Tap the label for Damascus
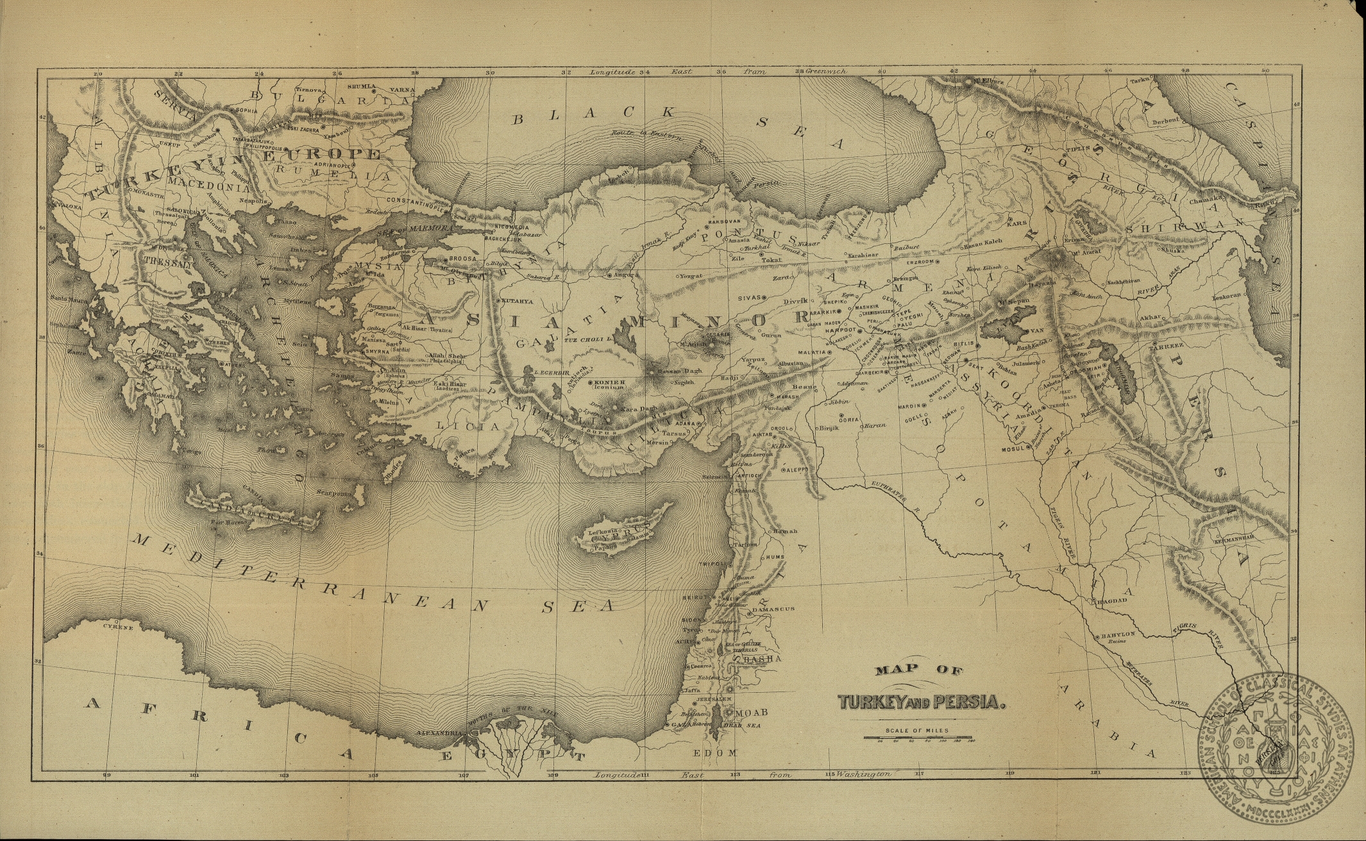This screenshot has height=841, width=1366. tap(773, 608)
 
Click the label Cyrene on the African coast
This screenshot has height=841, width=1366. tap(121, 628)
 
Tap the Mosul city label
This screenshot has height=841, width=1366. tap(1013, 448)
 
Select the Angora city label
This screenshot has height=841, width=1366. tap(625, 275)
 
